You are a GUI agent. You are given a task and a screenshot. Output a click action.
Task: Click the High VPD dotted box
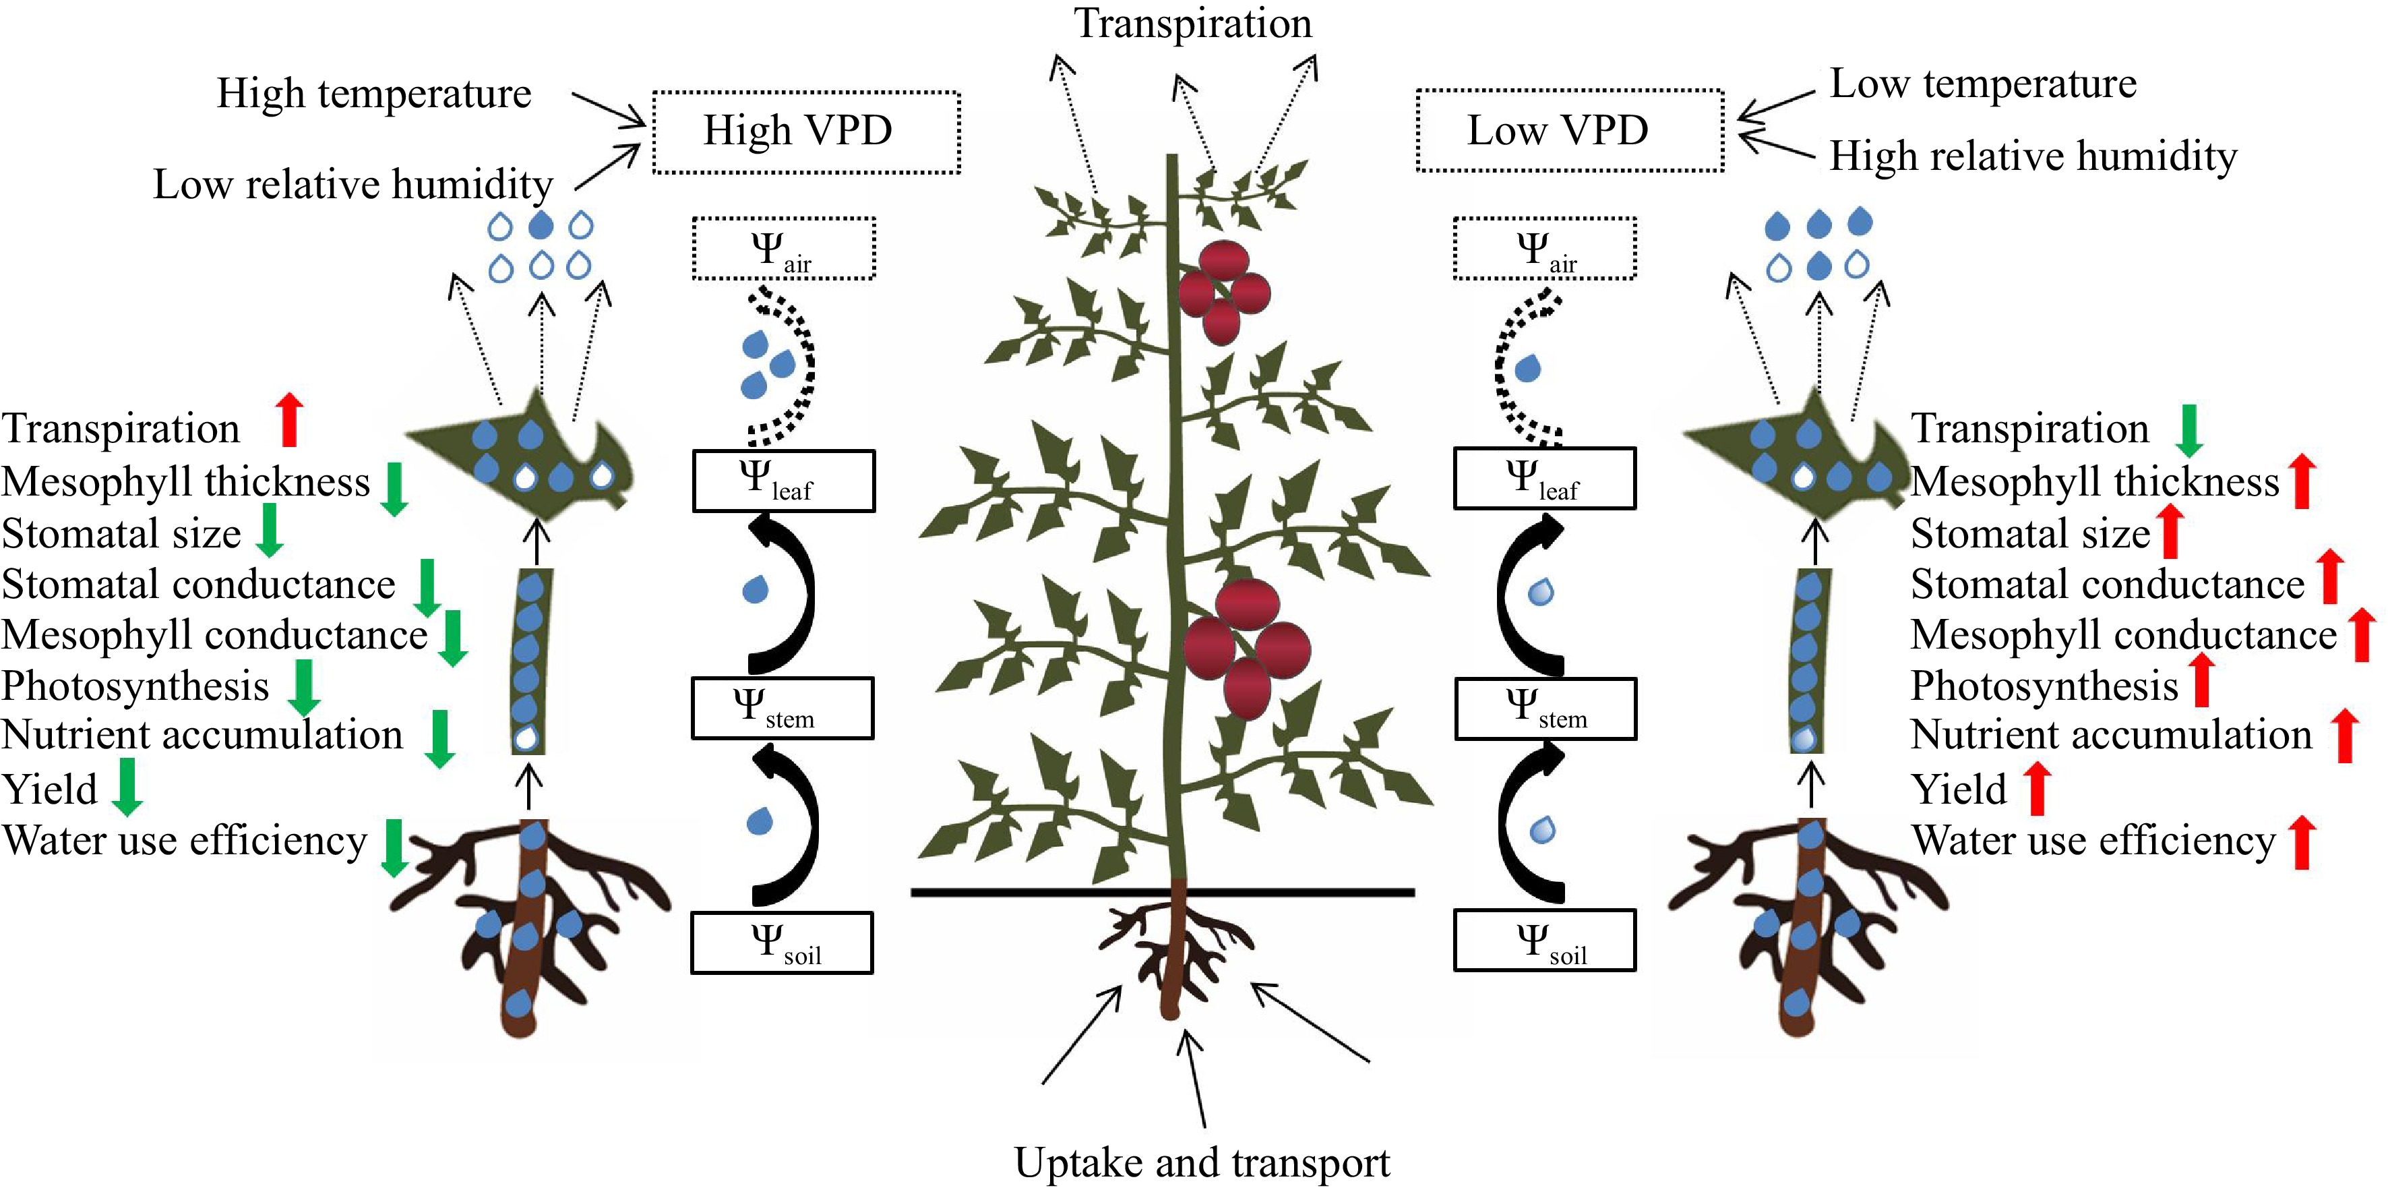click(x=805, y=131)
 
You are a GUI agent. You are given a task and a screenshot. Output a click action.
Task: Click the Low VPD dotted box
click(x=1568, y=131)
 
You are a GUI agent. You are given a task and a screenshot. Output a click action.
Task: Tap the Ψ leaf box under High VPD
click(x=783, y=481)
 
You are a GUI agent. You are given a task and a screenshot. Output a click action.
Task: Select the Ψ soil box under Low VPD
click(x=1543, y=941)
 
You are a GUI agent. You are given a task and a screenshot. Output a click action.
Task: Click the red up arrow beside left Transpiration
click(x=290, y=419)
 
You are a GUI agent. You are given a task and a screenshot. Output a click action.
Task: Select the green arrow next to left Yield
click(x=126, y=787)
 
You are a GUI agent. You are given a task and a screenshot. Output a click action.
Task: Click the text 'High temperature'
click(x=373, y=94)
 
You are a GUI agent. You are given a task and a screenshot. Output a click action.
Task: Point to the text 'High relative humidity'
click(x=2032, y=156)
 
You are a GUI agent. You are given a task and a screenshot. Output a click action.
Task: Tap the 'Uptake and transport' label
click(x=1202, y=1161)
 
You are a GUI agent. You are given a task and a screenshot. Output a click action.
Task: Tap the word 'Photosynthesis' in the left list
click(x=135, y=686)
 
